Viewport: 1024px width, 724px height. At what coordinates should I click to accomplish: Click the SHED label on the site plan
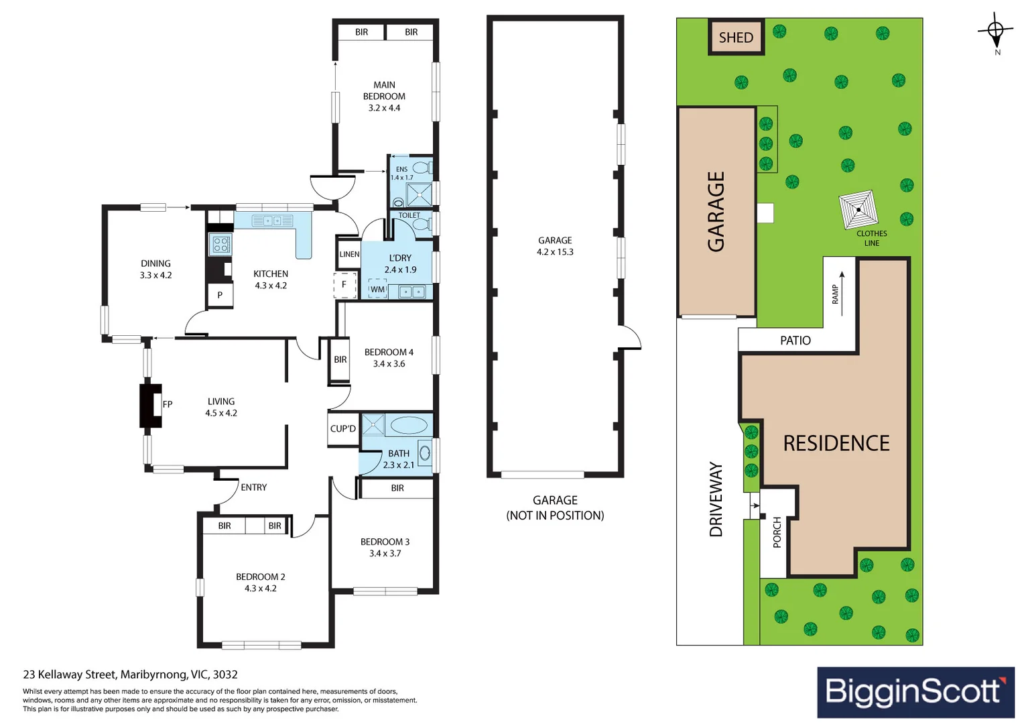(736, 38)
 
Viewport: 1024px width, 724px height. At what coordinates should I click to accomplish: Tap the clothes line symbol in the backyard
(858, 210)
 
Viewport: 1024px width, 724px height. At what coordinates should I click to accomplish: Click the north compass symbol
(995, 31)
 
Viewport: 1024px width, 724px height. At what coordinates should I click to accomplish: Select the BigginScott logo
(915, 692)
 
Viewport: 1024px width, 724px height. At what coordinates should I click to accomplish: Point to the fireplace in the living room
(151, 404)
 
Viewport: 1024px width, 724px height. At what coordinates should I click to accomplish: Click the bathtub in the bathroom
(408, 425)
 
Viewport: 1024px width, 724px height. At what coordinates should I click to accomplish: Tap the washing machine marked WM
(377, 289)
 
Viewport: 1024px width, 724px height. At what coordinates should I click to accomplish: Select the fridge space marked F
(344, 284)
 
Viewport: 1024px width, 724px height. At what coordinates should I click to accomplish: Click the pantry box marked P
(220, 295)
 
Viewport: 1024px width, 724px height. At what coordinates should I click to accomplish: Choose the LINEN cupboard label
(349, 254)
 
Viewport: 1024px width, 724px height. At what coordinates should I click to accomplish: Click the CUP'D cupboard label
(343, 428)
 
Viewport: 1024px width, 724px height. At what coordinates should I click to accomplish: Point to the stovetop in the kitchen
(220, 244)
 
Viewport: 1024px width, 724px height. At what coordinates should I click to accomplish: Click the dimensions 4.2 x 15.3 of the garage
(555, 252)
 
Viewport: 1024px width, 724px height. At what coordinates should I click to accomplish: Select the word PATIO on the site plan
(795, 341)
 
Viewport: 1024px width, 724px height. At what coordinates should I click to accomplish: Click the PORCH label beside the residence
(777, 532)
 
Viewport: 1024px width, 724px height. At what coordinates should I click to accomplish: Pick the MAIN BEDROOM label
(384, 90)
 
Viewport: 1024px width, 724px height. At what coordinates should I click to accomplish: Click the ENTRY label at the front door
(253, 487)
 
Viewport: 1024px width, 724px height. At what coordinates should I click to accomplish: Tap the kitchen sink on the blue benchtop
(272, 220)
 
